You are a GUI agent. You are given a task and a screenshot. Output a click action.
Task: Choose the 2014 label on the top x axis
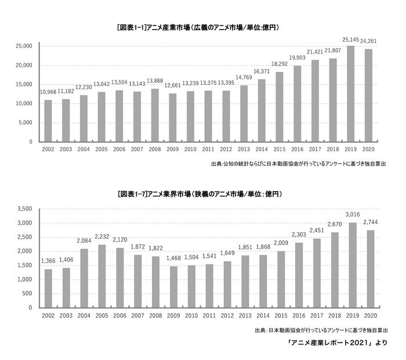pyautogui.click(x=262, y=150)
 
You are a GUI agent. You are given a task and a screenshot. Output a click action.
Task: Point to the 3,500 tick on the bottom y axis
pyautogui.click(x=26, y=209)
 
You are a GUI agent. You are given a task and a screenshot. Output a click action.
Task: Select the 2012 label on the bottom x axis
pyautogui.click(x=226, y=316)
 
